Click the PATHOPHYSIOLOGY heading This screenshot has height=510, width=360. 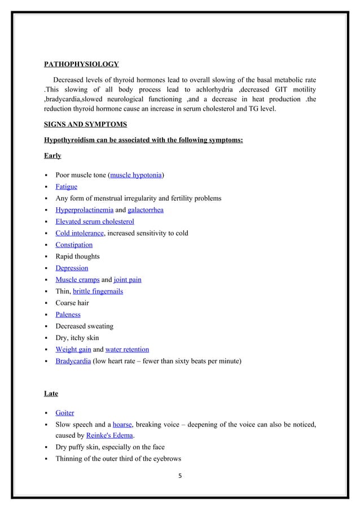click(81, 63)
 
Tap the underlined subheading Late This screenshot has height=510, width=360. click(51, 393)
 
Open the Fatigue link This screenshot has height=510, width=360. click(67, 186)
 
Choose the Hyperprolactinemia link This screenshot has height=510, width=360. click(84, 210)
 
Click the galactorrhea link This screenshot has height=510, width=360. click(146, 210)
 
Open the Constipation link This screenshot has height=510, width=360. click(74, 245)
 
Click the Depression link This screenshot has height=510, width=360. click(72, 268)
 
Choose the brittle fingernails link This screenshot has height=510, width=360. click(98, 291)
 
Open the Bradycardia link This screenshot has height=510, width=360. click(73, 361)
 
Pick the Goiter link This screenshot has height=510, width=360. click(65, 413)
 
